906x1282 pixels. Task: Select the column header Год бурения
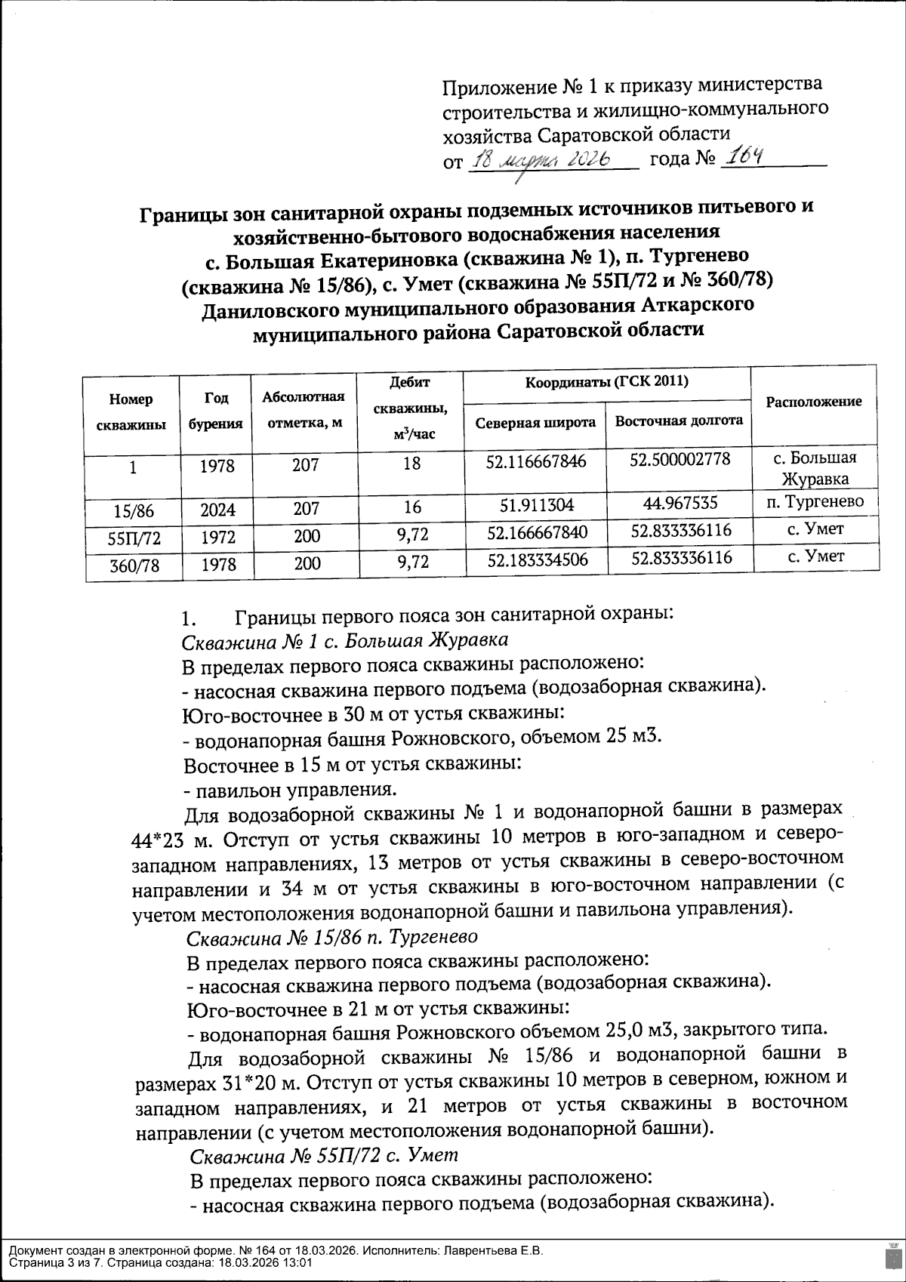[x=216, y=411]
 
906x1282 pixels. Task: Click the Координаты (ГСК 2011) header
[x=606, y=381]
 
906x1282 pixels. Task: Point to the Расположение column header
[x=814, y=402]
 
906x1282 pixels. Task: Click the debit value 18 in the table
[x=412, y=464]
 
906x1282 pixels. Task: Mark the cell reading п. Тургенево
[x=815, y=501]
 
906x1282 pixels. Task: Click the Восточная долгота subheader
[x=679, y=421]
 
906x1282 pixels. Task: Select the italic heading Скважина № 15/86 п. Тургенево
[x=332, y=938]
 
